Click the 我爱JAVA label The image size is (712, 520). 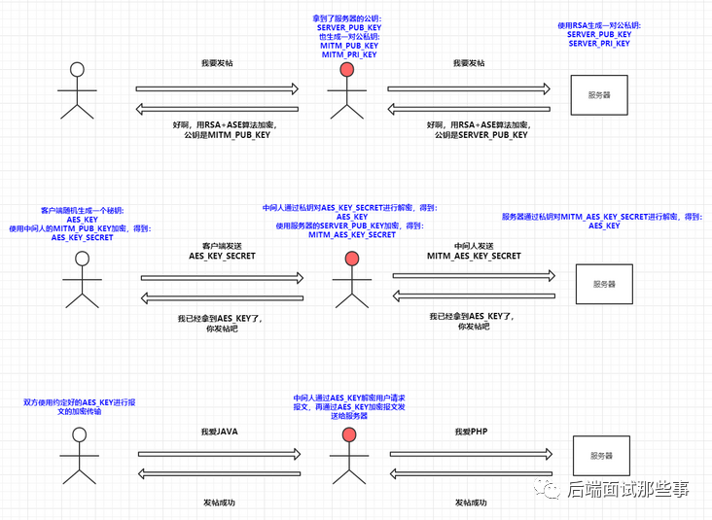coord(219,431)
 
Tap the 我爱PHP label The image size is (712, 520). coord(473,431)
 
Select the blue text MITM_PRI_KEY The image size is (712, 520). coord(348,55)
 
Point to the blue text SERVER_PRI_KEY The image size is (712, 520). coord(599,44)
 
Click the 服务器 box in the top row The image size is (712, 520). coord(599,95)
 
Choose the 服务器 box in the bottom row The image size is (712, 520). coord(602,456)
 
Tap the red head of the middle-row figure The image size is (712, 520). coord(350,259)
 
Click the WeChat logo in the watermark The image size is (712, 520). coord(552,489)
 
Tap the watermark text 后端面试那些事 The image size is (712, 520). coord(628,489)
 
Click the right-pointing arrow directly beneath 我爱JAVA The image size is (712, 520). coord(220,453)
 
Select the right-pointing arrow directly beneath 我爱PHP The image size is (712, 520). coord(472,453)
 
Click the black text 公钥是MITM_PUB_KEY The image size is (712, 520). coord(228,136)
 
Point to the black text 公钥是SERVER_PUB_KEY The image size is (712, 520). coord(481,136)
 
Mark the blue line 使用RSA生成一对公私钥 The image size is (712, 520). coord(599,25)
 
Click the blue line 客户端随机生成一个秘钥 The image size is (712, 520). coord(83,210)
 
